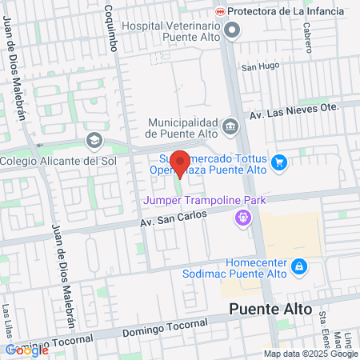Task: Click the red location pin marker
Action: coord(180,164)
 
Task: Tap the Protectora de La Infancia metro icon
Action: coord(220,11)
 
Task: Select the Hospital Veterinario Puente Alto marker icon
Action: coord(233,31)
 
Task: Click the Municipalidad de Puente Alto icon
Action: coord(230,126)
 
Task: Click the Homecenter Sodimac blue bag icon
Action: coord(298,266)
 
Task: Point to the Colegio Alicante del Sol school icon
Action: coord(94,142)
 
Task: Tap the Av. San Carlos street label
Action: coord(174,218)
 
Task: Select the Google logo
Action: coord(26,350)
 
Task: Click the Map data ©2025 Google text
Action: coord(311,354)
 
